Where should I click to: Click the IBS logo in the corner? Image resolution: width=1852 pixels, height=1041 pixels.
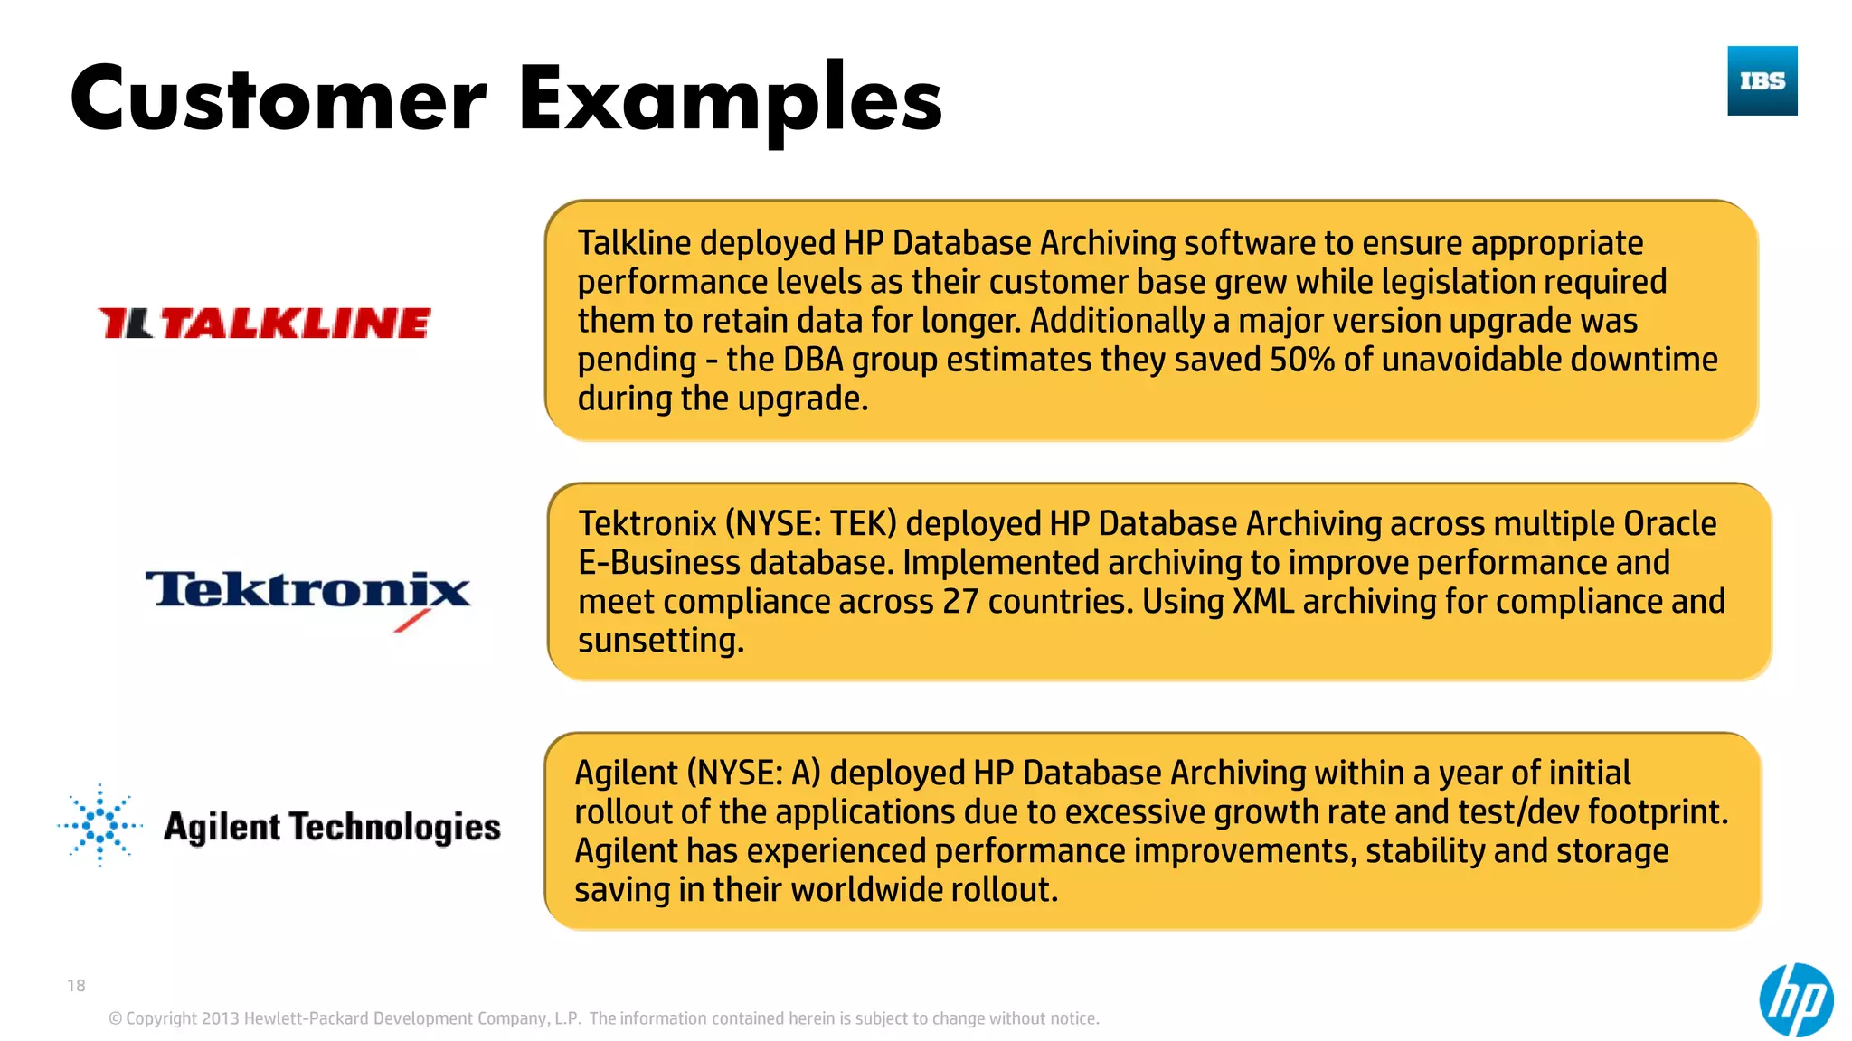(1762, 80)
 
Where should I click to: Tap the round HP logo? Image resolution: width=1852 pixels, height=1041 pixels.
(1796, 999)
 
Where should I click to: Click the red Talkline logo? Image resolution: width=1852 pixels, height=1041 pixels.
(264, 324)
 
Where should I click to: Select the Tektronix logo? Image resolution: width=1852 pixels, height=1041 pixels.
(307, 595)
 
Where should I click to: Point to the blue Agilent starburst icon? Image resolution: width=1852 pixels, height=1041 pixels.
(99, 825)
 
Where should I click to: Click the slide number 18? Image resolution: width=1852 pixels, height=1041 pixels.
(76, 986)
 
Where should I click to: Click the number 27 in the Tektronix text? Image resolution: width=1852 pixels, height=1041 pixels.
(960, 602)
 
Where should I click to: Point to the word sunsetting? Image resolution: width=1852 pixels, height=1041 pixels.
(661, 641)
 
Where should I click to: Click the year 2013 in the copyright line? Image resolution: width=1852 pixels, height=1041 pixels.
(220, 1018)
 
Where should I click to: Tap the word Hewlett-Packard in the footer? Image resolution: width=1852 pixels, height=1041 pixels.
(307, 1018)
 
